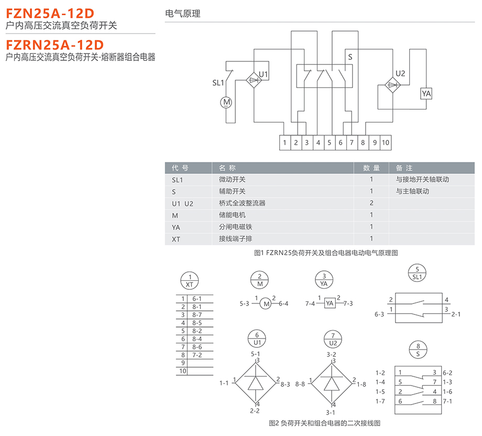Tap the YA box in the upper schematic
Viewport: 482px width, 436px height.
tap(426, 93)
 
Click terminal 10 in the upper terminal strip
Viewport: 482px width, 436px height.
tap(386, 143)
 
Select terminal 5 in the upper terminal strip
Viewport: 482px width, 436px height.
tap(329, 143)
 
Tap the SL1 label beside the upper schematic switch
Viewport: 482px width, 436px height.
tap(218, 83)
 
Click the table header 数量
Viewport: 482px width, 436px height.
tap(371, 168)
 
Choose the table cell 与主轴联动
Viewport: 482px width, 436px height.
tap(412, 191)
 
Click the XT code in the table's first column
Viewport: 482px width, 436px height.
tap(176, 239)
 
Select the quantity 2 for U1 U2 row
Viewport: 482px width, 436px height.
tap(371, 203)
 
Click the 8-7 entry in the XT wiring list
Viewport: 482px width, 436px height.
tap(197, 314)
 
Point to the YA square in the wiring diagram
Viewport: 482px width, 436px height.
tap(329, 303)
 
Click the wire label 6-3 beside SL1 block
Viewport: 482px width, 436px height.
tap(379, 314)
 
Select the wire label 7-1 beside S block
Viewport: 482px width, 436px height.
tap(447, 401)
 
